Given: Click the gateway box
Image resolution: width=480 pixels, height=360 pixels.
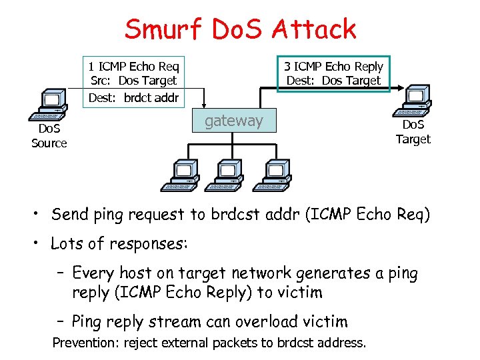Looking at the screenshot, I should click(x=234, y=121).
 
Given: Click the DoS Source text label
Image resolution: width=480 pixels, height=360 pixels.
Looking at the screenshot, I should click(x=49, y=137).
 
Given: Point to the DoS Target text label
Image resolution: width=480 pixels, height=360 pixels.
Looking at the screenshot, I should click(x=413, y=132).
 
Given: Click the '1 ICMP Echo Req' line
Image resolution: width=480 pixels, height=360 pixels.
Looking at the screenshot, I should click(x=134, y=66).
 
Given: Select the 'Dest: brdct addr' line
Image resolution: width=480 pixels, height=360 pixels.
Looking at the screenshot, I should click(x=134, y=97).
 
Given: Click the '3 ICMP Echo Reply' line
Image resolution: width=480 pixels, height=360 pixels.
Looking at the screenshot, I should click(x=333, y=66).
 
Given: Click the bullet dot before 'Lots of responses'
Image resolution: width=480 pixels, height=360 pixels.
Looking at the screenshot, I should click(x=40, y=244).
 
